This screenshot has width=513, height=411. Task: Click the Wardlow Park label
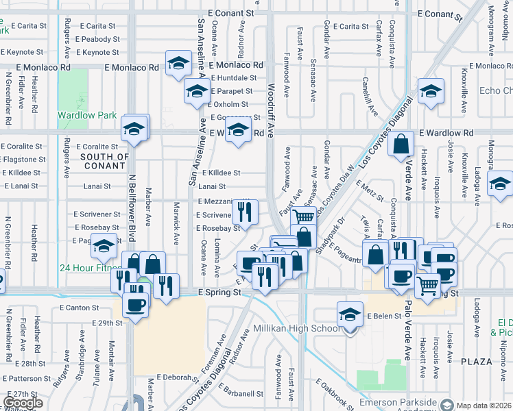[x=87, y=116]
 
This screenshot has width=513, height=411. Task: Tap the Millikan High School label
[x=298, y=329]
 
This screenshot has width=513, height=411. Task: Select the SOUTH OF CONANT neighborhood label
[x=105, y=161]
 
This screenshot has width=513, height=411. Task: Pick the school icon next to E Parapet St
[x=197, y=90]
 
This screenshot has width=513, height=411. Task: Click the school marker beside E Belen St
[x=350, y=314]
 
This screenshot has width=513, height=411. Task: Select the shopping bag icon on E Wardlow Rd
[x=401, y=144]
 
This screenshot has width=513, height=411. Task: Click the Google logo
[x=23, y=403]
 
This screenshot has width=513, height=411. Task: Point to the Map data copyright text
[x=484, y=406]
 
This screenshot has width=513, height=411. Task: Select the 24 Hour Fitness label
[x=91, y=269]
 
